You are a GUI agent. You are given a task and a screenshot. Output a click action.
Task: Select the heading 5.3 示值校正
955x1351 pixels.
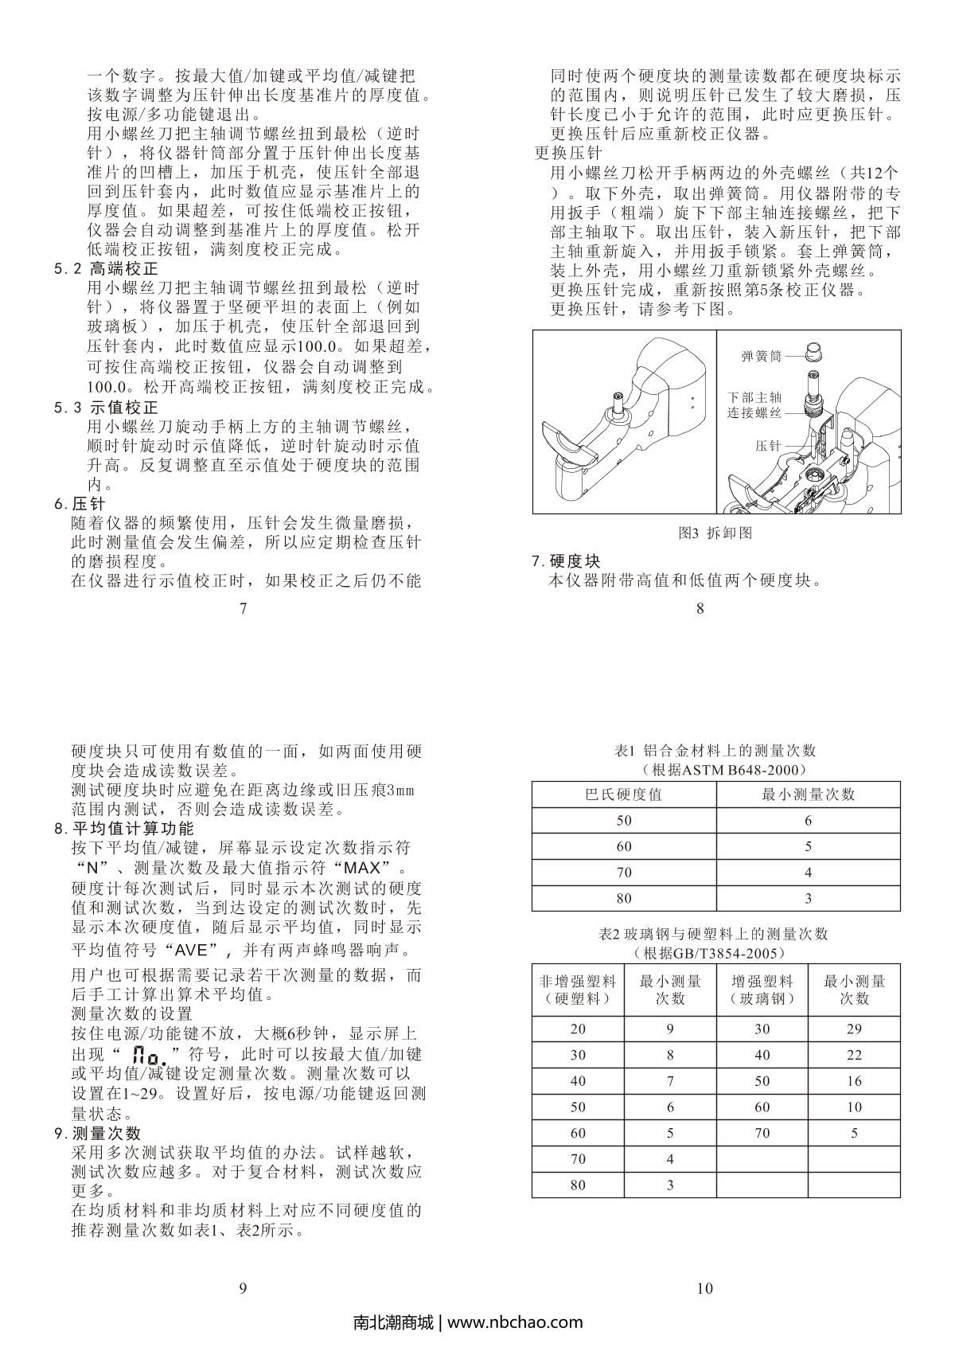106,408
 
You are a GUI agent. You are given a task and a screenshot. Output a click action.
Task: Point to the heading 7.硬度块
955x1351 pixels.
566,561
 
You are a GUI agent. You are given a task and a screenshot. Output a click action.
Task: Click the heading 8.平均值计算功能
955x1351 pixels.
123,828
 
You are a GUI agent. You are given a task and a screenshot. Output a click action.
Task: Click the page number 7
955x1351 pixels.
243,609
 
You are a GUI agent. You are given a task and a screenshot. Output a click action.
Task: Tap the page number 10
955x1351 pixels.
704,1288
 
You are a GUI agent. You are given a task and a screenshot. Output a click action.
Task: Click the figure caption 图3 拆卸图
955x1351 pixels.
715,533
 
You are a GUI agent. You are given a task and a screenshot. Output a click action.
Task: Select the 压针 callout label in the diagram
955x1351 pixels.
768,447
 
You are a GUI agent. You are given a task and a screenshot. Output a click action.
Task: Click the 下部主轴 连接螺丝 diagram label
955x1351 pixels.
754,404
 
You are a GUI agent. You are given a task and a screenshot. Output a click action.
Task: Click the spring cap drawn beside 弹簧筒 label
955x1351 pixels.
813,351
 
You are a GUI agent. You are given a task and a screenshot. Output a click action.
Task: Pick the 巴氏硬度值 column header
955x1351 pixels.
623,795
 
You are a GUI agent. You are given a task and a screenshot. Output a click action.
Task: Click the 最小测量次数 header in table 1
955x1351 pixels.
808,795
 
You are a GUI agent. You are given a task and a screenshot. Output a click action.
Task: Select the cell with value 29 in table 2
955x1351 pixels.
854,1029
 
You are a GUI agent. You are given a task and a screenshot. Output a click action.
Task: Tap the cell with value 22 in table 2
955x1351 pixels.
854,1055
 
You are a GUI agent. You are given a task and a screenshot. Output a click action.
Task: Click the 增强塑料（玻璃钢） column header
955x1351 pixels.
762,990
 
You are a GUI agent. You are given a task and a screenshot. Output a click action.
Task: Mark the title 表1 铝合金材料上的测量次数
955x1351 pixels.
715,751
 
